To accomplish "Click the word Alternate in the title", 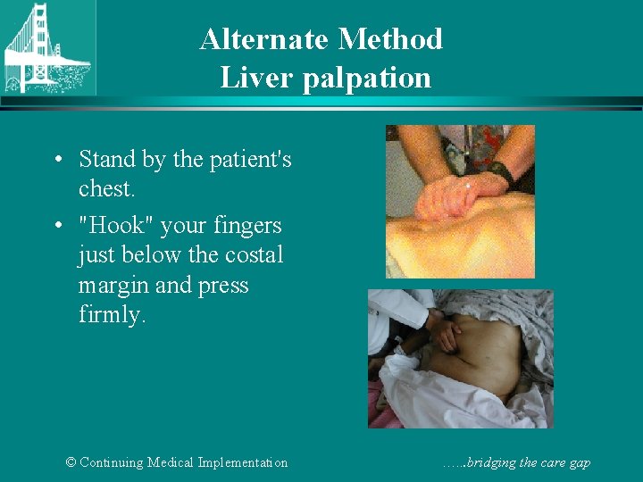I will [x=265, y=39].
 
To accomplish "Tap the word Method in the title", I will [x=391, y=39].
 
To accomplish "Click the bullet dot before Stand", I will [x=56, y=161].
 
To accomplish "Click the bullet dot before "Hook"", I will [x=56, y=226].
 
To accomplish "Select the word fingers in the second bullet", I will [x=250, y=225].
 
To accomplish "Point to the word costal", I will [x=254, y=255].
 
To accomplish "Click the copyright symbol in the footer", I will [x=71, y=462].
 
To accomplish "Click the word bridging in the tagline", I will [x=496, y=462].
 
